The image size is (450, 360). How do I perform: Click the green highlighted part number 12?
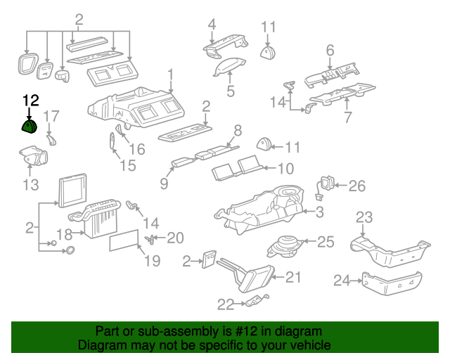[29, 127]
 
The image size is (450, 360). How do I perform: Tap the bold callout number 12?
[32, 102]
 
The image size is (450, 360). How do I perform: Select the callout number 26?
[357, 186]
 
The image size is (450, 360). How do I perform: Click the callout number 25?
[326, 242]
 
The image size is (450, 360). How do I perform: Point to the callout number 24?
[342, 281]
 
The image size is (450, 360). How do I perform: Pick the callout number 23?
[364, 217]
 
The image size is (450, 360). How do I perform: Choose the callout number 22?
[225, 304]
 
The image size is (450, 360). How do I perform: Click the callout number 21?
[292, 277]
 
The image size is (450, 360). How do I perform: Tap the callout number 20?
[174, 237]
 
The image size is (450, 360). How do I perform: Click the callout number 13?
[30, 186]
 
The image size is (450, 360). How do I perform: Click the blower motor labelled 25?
[287, 246]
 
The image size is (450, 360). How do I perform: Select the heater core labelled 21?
[252, 275]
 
